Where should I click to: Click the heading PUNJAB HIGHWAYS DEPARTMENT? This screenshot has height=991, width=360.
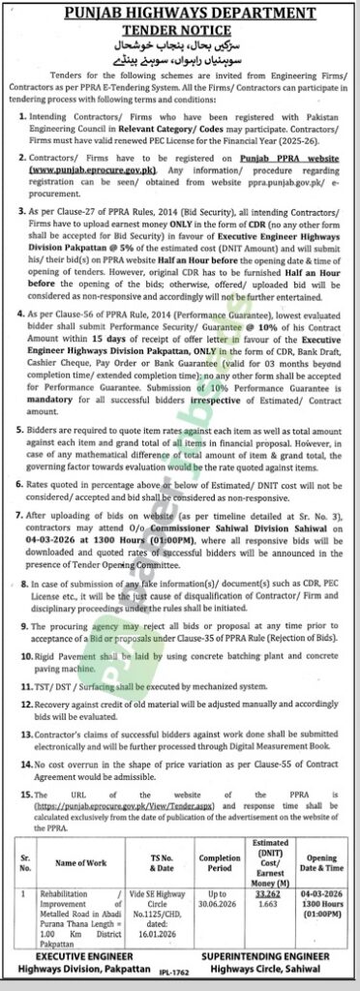coord(181,12)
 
